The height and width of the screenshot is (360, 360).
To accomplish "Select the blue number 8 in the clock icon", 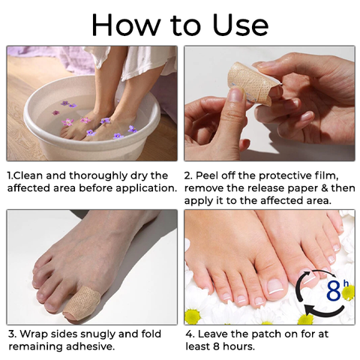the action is point(334,291).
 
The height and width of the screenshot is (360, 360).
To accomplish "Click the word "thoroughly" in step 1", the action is point(98,176).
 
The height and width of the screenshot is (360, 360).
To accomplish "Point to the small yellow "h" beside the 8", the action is point(345,283).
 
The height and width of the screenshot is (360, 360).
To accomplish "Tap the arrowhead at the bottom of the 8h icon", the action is point(310,310).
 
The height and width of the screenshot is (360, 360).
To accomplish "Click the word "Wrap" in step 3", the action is point(33,334).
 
